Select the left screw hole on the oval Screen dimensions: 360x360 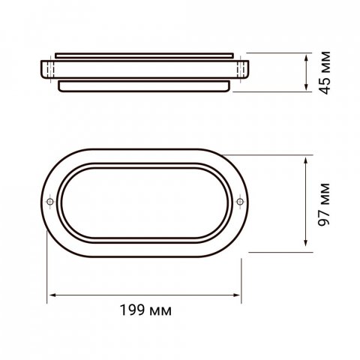49,202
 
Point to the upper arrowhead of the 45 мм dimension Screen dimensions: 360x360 308,55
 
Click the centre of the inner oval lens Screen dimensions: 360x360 145,202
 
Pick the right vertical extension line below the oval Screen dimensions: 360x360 241,262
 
